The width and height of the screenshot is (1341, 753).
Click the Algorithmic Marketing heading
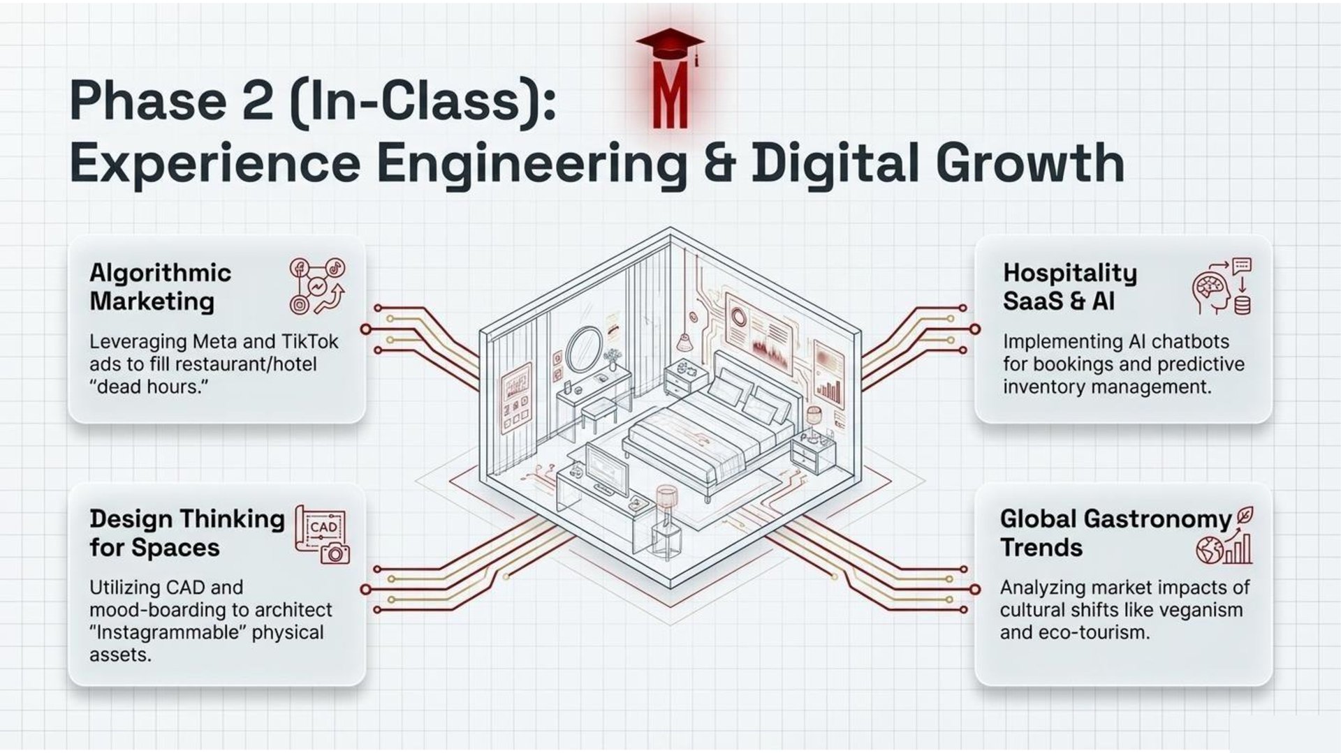(x=160, y=287)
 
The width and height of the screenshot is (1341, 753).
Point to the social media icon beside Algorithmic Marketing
(x=318, y=286)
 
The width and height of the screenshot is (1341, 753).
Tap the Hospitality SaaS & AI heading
(x=1069, y=287)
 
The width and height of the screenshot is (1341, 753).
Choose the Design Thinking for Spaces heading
(x=186, y=533)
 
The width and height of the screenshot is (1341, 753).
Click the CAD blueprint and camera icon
(x=322, y=535)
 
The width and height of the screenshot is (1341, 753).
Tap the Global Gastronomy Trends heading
(x=1115, y=533)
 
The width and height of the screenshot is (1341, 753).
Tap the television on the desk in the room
(x=606, y=468)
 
